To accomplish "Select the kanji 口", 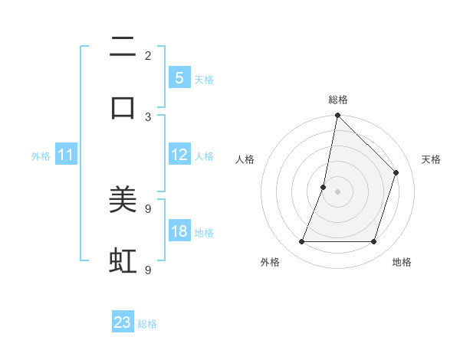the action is point(123,107).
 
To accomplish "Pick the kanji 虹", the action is point(123,260).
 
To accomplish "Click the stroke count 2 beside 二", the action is point(148,55).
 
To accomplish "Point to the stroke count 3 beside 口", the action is point(148,116).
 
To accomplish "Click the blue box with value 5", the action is point(179,77).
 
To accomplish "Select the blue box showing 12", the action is point(179,155).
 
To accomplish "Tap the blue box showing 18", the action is point(179,231).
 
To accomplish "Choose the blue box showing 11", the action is point(66,155).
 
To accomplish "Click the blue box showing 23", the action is point(123,322).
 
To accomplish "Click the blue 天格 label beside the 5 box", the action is point(204,80).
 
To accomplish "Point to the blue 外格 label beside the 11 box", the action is point(41,156).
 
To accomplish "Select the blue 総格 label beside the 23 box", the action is point(147,325).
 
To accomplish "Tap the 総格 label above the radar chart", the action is point(337,100).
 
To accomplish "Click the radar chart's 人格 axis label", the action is point(245,159).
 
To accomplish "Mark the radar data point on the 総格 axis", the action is point(337,116).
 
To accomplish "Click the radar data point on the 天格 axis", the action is point(396,172).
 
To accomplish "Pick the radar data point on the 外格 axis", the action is point(301,242).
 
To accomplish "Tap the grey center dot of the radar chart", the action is point(337,191).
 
